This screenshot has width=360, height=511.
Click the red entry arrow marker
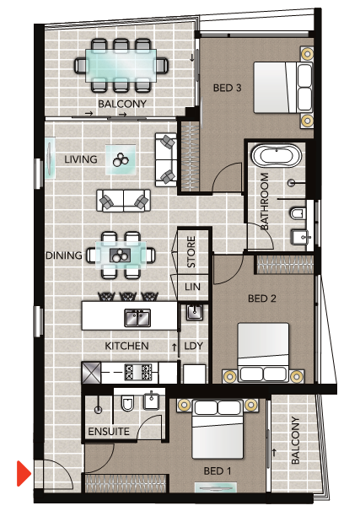pyautogui.click(x=24, y=473)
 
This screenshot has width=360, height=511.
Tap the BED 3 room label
pyautogui.click(x=227, y=88)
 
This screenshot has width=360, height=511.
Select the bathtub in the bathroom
pyautogui.click(x=277, y=156)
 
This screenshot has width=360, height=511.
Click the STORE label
pyautogui.click(x=191, y=252)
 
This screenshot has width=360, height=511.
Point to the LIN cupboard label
pyautogui.click(x=192, y=287)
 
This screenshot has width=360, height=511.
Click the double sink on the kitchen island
pyautogui.click(x=137, y=318)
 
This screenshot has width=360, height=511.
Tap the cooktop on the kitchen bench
pyautogui.click(x=138, y=372)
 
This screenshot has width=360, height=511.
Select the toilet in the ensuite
pyautogui.click(x=127, y=403)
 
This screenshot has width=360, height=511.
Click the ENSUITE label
pyautogui.click(x=109, y=432)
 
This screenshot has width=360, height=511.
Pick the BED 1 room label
pyautogui.click(x=218, y=471)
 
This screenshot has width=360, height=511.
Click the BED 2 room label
pyautogui.click(x=262, y=299)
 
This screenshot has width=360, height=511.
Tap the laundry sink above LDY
pyautogui.click(x=195, y=312)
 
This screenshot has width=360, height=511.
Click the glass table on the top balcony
pyautogui.click(x=121, y=65)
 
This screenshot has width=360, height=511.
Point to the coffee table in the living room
pyautogui.click(x=121, y=159)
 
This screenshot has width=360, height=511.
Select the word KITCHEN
pyautogui.click(x=126, y=346)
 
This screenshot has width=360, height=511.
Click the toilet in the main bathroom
pyautogui.click(x=298, y=213)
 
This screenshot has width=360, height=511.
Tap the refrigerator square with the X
pyautogui.click(x=91, y=373)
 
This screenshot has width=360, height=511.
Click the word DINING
pyautogui.click(x=64, y=255)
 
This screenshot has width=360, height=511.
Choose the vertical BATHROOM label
pyautogui.click(x=264, y=201)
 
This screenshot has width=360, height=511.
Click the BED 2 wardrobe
pyautogui.click(x=286, y=265)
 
